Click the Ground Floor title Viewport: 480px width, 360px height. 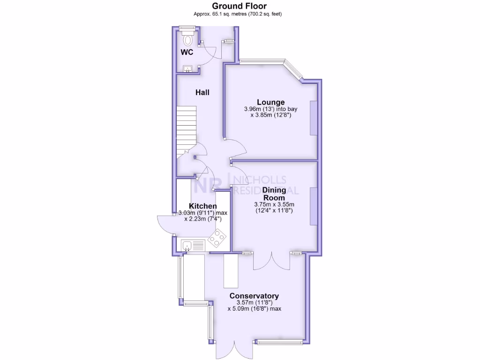coord(240,6)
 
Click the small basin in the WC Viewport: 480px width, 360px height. coord(188,69)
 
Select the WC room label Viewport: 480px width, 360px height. coord(187,52)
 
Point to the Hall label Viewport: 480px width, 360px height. coord(202,92)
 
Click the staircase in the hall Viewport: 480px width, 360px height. coord(186,132)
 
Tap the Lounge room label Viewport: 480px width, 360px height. coord(270,102)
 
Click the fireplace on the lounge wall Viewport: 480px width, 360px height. coord(313,118)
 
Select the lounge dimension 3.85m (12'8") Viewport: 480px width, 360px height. coord(270,115)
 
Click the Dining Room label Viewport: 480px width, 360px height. coord(274,194)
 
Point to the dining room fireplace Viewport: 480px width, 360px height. coord(313,207)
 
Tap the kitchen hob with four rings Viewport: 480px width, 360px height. coord(217,239)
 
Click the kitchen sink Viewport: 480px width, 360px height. coord(193,245)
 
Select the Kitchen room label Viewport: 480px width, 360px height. coord(202,206)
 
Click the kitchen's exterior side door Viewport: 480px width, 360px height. coord(165,224)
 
